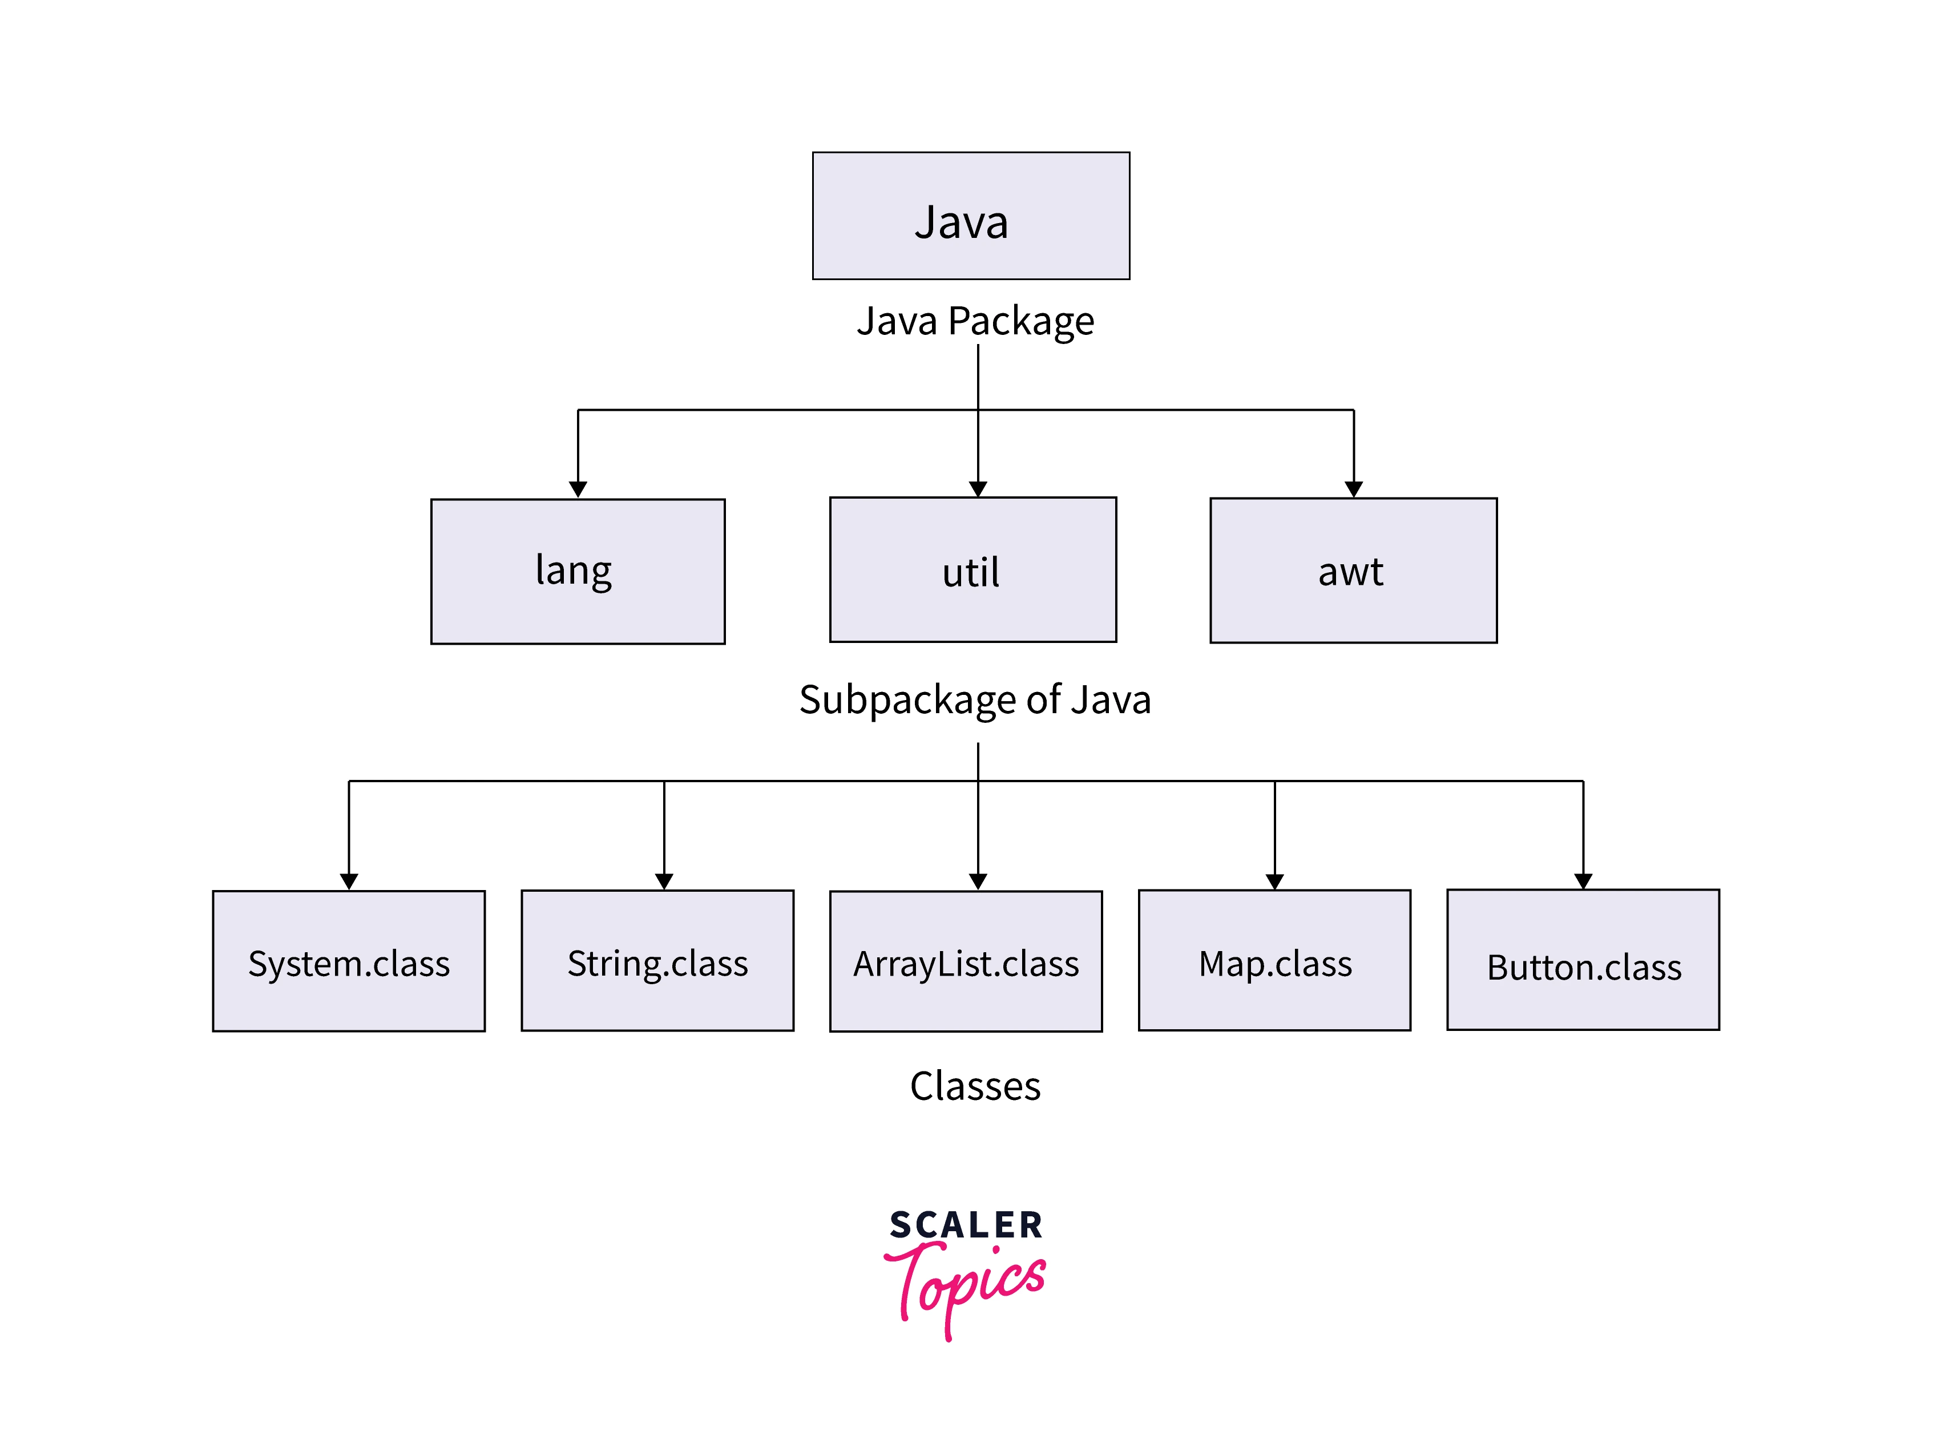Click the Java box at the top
[970, 216]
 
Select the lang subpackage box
[578, 572]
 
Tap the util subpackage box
[972, 570]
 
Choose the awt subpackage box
[1353, 571]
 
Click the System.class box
[348, 961]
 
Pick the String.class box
[657, 961]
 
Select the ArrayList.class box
[965, 961]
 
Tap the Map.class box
[1274, 961]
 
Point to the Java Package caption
[975, 321]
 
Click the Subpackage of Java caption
[974, 699]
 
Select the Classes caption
[975, 1086]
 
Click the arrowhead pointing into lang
[578, 489]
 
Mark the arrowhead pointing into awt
[1354, 489]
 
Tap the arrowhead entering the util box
[978, 489]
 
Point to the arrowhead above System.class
[349, 881]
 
